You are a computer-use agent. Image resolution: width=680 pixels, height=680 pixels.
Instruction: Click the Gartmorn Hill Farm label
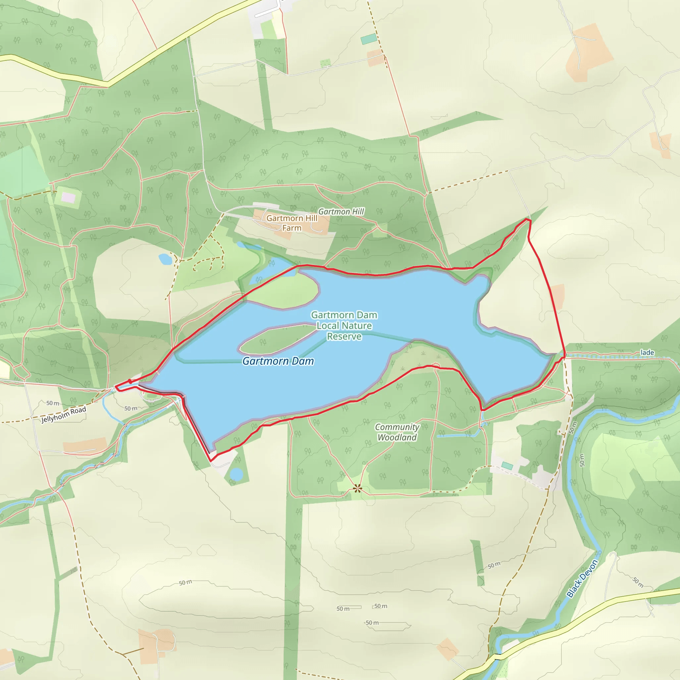click(x=292, y=223)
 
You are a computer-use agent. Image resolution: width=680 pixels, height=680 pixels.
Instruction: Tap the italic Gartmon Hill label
click(x=341, y=212)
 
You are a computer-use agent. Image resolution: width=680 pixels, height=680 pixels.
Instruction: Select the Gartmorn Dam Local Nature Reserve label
click(x=344, y=326)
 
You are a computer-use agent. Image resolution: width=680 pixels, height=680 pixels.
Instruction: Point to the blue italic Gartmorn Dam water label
click(x=278, y=361)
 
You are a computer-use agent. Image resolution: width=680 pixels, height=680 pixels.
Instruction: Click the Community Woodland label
click(x=397, y=432)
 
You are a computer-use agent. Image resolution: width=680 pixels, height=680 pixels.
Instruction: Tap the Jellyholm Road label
click(x=64, y=415)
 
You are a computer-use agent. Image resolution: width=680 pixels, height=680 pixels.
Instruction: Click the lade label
click(x=647, y=352)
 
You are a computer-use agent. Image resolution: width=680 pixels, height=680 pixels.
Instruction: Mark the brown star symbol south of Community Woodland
click(x=357, y=488)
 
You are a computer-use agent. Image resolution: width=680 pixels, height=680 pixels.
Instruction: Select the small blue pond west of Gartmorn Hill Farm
click(x=165, y=259)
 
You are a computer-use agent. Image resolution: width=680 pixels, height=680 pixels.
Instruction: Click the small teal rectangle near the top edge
click(x=369, y=39)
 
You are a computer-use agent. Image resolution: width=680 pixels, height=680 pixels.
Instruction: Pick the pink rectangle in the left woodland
click(x=68, y=198)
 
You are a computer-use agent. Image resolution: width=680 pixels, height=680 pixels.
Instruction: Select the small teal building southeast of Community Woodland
click(x=507, y=466)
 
